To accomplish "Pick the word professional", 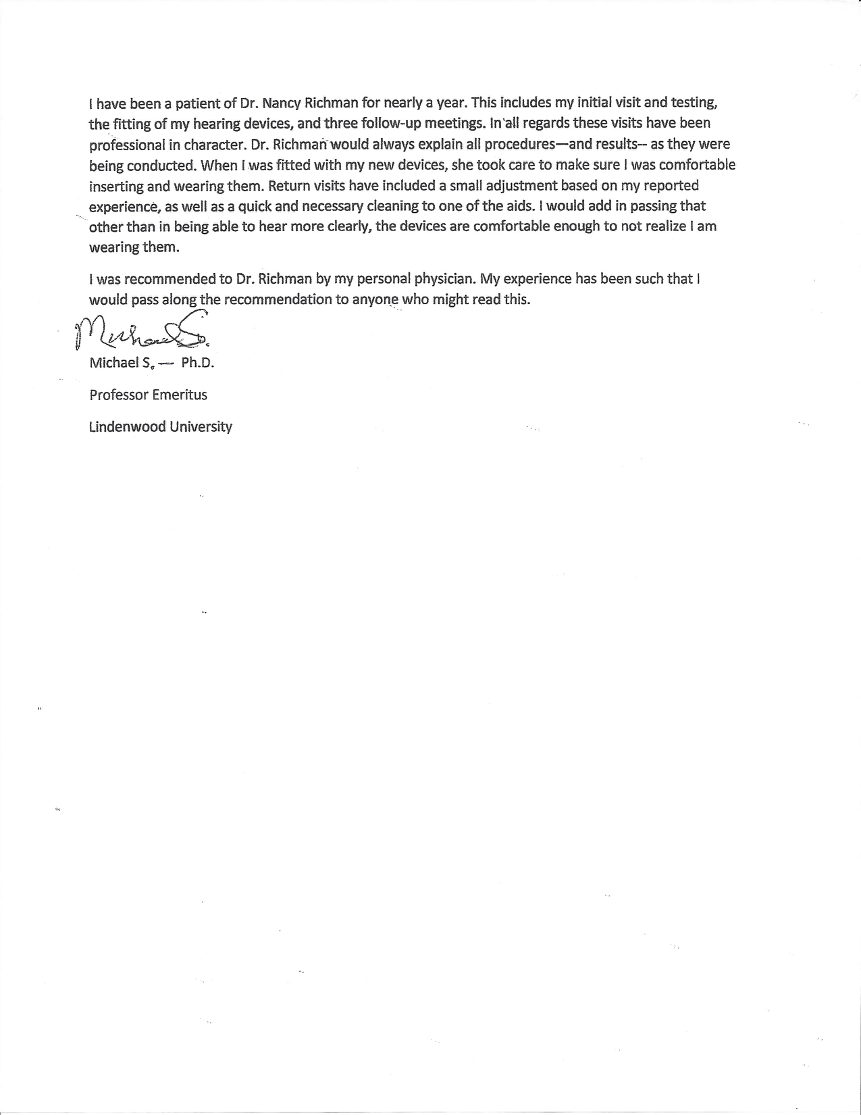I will [127, 145].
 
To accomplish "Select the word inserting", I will [116, 186].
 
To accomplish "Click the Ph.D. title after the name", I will [197, 363].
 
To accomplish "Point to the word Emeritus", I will [180, 395].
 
